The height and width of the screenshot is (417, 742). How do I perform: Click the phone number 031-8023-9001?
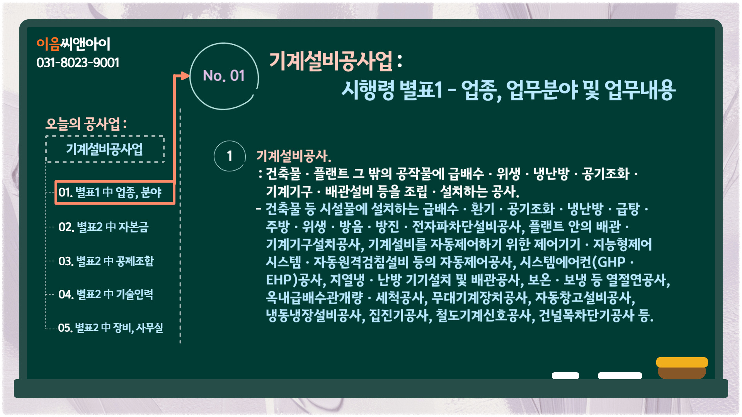[78, 63]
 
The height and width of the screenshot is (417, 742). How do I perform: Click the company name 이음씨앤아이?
[73, 44]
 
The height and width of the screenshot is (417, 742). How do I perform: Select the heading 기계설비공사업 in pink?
[331, 61]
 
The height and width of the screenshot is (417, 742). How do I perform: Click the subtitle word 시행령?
[368, 90]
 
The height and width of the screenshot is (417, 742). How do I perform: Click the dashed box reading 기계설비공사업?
[105, 149]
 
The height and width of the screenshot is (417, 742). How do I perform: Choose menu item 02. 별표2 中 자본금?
[103, 227]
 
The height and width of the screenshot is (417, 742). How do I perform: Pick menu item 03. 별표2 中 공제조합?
[106, 261]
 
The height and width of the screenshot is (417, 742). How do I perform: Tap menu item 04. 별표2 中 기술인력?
[106, 294]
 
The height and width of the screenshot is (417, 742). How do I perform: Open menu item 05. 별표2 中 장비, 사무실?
[111, 328]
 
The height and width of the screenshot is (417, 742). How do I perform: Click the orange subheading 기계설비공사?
[294, 156]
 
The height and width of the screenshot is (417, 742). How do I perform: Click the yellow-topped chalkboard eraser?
[682, 368]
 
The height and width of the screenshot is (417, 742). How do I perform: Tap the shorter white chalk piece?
[565, 376]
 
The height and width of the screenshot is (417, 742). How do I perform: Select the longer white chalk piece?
[620, 376]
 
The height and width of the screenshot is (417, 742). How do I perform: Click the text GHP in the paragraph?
[612, 262]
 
